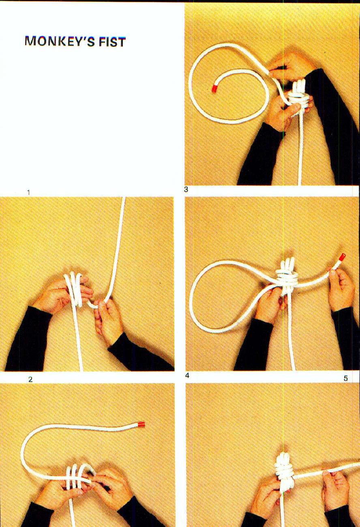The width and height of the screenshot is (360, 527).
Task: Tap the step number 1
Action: point(28,193)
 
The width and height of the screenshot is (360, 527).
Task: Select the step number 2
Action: point(30,379)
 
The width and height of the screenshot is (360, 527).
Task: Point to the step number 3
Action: point(186,189)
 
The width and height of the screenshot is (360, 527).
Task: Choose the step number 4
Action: point(187,376)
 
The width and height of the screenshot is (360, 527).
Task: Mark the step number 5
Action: point(345,378)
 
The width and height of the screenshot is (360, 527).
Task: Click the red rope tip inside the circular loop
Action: point(214,88)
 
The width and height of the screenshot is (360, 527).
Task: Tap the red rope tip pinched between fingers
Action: point(341,258)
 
